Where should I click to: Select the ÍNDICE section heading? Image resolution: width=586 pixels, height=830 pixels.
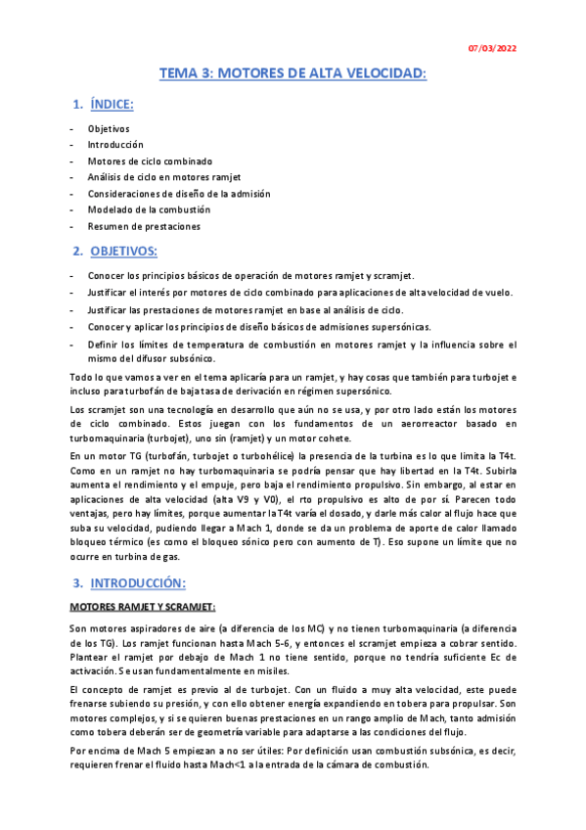112,104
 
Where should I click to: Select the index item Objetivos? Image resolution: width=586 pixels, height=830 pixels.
109,129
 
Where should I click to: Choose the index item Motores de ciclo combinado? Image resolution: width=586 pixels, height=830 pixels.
150,161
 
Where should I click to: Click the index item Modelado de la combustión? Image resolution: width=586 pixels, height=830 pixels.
149,209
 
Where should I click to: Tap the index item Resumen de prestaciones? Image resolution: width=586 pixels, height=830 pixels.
144,226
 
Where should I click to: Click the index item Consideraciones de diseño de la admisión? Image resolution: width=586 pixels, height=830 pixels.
179,194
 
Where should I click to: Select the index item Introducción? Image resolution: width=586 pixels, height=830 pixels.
115,145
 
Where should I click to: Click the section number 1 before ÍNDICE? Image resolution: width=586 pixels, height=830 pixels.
77,104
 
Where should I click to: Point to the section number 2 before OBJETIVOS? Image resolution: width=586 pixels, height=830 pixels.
77,252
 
